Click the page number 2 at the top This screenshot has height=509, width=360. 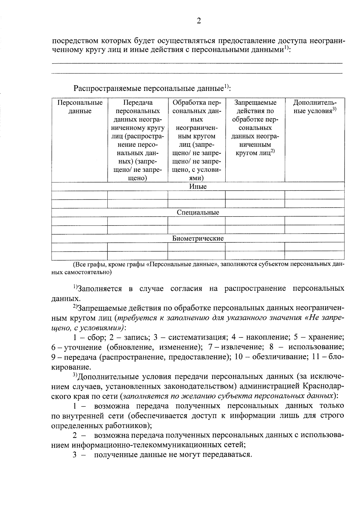[198, 20]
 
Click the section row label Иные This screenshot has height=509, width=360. [198, 187]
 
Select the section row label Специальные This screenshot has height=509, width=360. [198, 213]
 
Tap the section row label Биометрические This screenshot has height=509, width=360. [198, 239]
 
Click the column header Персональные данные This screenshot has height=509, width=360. [80, 107]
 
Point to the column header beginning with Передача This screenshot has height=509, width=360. [138, 140]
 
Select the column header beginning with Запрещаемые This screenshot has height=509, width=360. [255, 127]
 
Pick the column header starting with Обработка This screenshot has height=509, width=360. [196, 140]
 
